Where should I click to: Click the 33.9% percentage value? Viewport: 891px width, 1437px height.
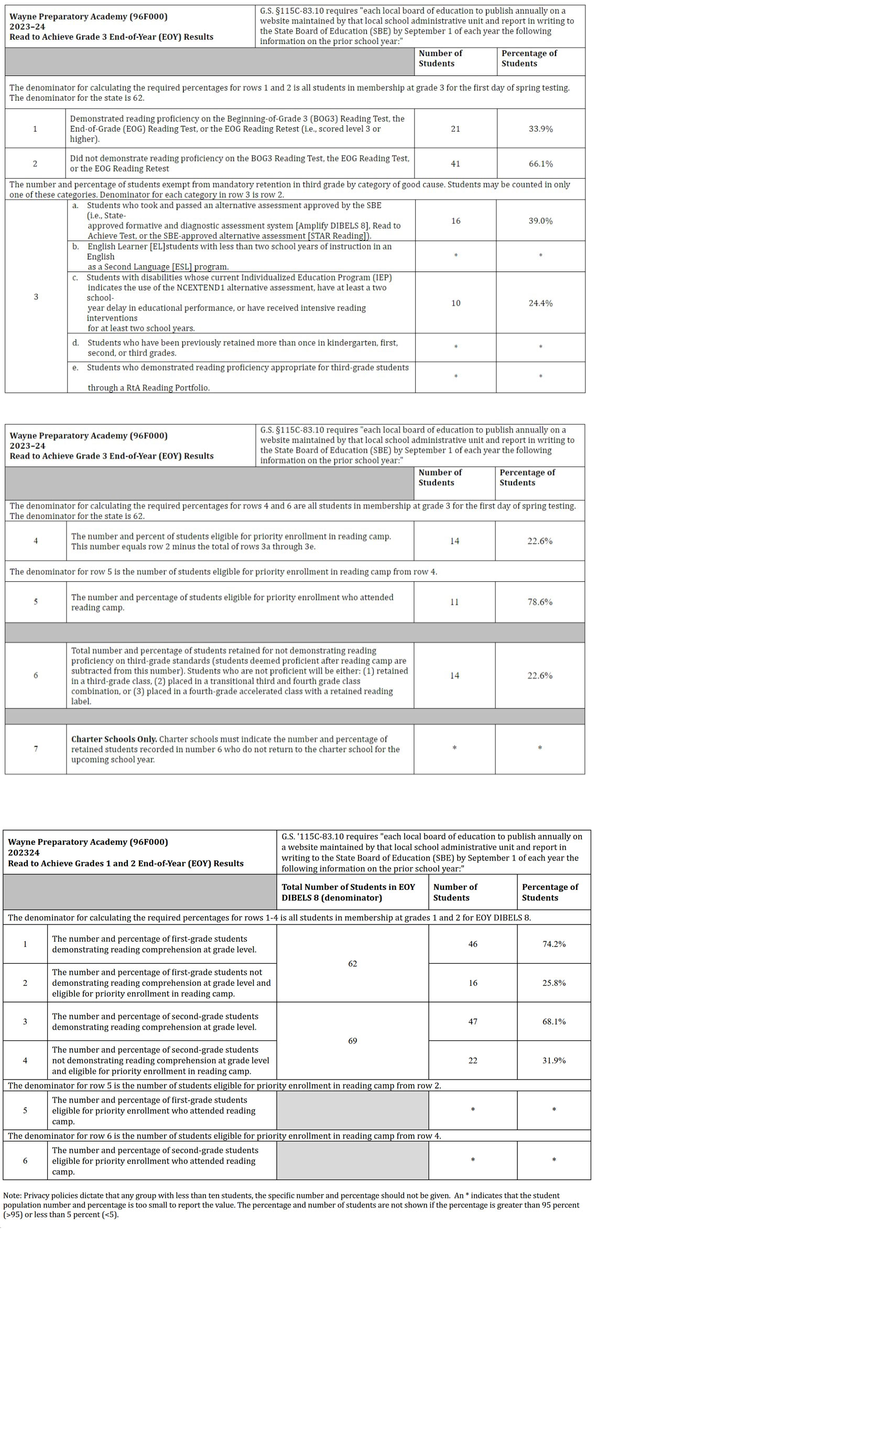pyautogui.click(x=540, y=129)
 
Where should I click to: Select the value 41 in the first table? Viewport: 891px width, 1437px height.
pyautogui.click(x=455, y=164)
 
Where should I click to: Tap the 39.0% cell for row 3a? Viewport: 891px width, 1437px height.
pyautogui.click(x=540, y=221)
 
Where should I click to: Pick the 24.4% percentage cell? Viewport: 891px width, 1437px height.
pyautogui.click(x=540, y=303)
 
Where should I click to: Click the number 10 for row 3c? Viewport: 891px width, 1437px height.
pyautogui.click(x=455, y=303)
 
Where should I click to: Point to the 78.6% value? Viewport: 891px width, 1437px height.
pyautogui.click(x=540, y=602)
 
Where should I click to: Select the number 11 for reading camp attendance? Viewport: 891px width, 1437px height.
pyautogui.click(x=454, y=602)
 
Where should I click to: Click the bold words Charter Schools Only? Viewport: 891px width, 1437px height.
pyautogui.click(x=114, y=739)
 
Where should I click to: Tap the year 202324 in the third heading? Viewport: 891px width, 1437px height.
pyautogui.click(x=24, y=853)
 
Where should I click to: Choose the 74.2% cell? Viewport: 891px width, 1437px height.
pyautogui.click(x=554, y=944)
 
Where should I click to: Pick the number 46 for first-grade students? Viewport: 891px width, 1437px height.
pyautogui.click(x=473, y=944)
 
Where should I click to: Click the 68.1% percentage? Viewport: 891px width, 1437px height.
pyautogui.click(x=554, y=1021)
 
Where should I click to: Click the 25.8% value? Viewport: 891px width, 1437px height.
pyautogui.click(x=554, y=983)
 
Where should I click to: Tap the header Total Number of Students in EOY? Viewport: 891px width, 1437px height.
pyautogui.click(x=348, y=887)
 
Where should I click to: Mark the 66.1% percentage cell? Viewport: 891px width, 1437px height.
pyautogui.click(x=540, y=164)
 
